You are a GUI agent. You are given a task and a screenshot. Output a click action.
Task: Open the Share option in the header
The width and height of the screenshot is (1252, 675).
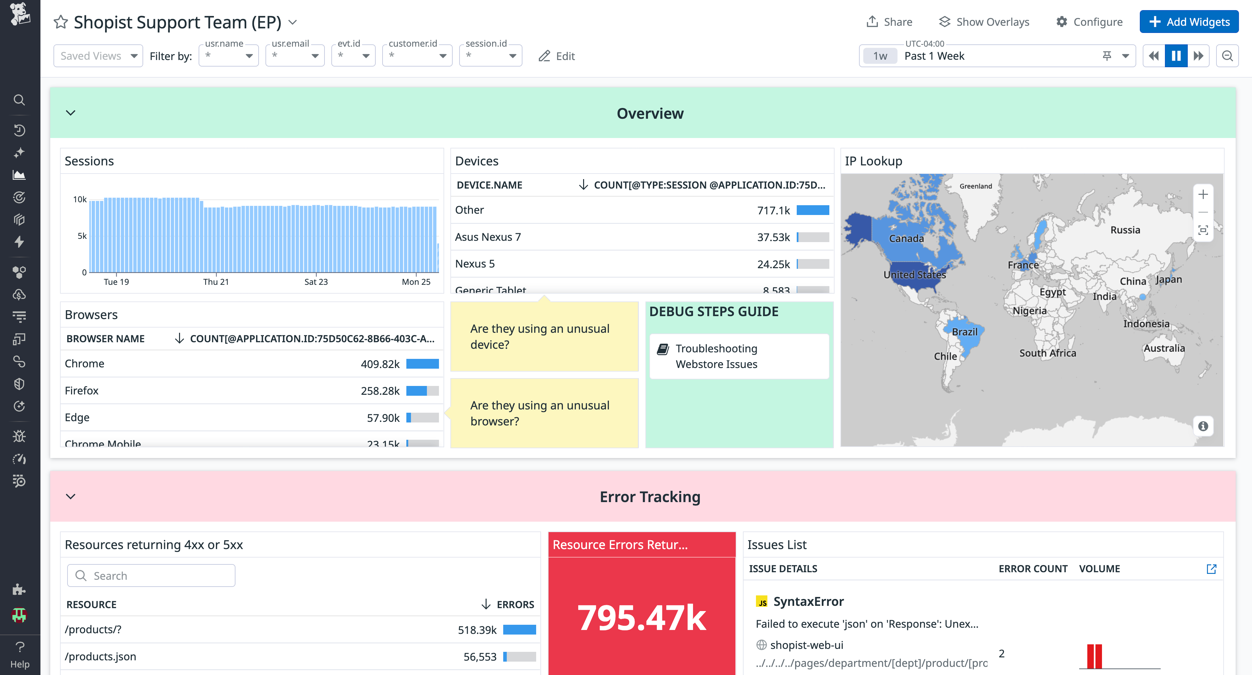tap(889, 22)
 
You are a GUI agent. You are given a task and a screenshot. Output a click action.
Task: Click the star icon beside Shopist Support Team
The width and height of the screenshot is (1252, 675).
tap(61, 22)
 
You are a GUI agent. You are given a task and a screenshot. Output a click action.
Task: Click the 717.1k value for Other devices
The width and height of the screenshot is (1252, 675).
tap(773, 210)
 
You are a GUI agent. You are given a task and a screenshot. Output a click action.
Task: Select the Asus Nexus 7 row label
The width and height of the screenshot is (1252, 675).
tap(488, 237)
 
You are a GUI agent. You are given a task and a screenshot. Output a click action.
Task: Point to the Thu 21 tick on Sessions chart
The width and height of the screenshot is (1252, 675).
tap(216, 282)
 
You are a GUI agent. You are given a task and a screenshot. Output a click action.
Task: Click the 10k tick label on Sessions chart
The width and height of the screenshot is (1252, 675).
tap(80, 199)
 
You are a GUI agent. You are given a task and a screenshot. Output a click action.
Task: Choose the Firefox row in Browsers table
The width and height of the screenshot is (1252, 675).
tap(82, 391)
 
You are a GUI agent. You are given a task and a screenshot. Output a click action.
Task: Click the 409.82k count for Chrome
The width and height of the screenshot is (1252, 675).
tap(380, 364)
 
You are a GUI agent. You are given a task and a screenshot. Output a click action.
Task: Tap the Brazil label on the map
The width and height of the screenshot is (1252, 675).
tap(964, 332)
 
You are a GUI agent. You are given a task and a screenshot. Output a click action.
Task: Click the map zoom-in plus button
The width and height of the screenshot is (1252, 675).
tap(1202, 194)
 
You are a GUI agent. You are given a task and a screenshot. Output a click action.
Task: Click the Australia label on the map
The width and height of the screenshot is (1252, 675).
tap(1164, 348)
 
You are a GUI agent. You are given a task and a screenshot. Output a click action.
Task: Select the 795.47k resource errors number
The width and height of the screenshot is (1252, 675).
tap(641, 618)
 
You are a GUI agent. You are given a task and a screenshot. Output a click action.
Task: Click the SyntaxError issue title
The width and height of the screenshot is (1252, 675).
tap(808, 602)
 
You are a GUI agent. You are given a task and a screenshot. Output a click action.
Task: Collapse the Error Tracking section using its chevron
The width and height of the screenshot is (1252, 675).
tap(70, 497)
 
